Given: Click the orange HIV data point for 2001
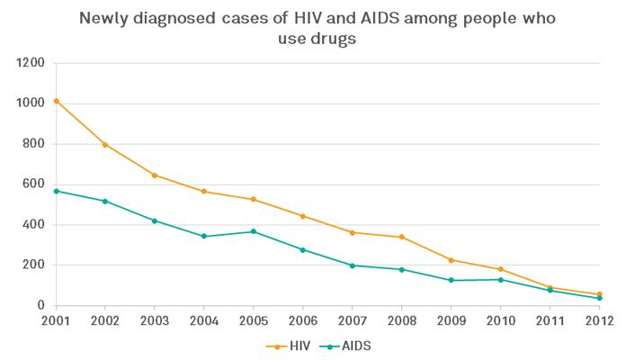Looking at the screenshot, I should point(56,101).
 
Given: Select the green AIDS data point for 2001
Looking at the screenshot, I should point(56,191).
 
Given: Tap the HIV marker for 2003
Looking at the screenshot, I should point(155,175).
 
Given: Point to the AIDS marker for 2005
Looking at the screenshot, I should point(254,231).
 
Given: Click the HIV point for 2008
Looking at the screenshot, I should point(402,237).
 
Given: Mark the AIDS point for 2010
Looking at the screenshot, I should point(501,279).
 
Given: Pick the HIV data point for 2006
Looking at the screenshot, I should point(303,216).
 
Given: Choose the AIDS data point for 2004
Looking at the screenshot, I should point(204,236).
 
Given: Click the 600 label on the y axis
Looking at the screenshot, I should point(34,184).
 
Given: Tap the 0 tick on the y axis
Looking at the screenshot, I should point(40,306).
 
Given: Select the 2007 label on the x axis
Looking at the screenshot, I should point(353,321).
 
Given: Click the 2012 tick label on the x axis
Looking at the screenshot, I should point(600,321).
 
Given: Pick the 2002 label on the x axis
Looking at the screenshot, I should point(105,321).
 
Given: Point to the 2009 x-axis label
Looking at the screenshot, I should point(451,321).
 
